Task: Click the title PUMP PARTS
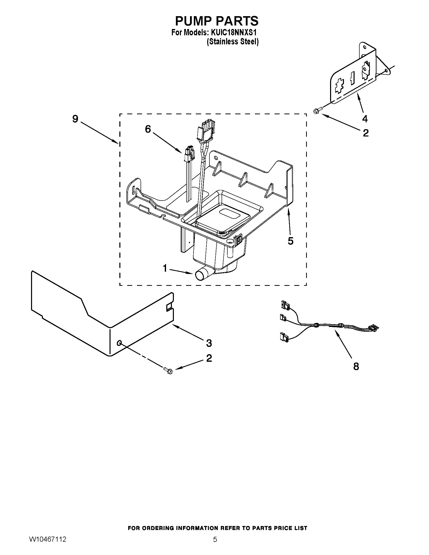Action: pos(217,21)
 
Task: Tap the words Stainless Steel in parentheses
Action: pos(233,41)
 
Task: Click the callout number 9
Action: pos(75,119)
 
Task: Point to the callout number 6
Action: pos(148,129)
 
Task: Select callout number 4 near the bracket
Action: pos(365,119)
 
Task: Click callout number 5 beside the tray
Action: pos(290,241)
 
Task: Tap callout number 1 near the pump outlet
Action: pos(165,268)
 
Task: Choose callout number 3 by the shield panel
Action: pos(209,343)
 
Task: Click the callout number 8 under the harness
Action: pos(356,366)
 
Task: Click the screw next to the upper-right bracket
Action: pos(317,110)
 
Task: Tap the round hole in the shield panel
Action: pos(119,344)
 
